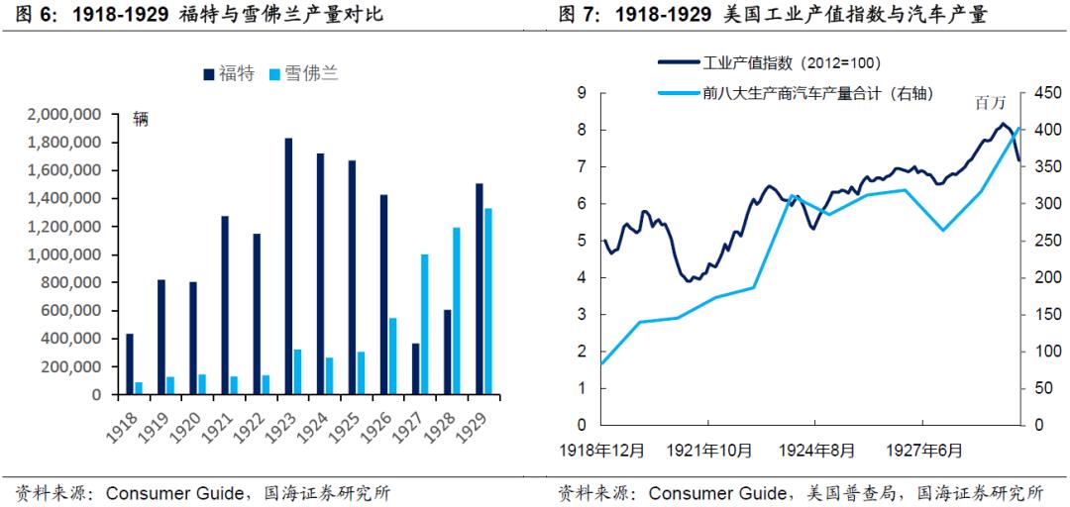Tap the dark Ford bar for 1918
(129, 363)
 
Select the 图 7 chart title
(772, 15)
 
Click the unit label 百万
(990, 103)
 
